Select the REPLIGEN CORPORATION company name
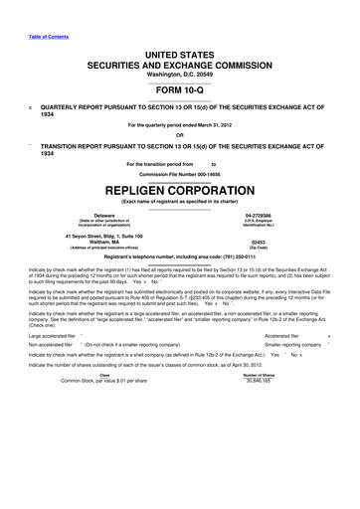(x=179, y=189)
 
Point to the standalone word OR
(x=179, y=135)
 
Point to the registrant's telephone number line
(x=179, y=256)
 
